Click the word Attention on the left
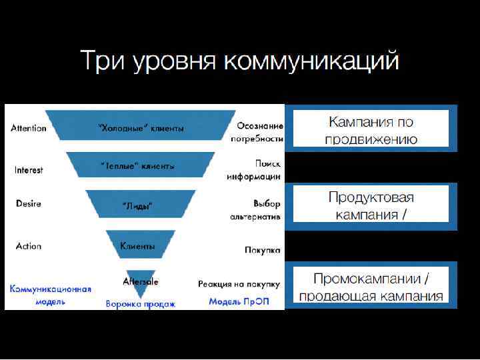coord(29,128)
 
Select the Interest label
coord(29,170)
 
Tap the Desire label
coord(29,203)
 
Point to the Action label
coord(29,246)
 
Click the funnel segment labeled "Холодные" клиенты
coord(141,127)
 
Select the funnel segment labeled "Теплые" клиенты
coord(141,165)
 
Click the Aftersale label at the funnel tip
coord(141,281)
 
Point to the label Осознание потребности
coord(257,132)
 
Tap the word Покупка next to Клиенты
coord(262,250)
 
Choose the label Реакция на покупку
coord(239,284)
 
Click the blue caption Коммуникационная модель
coord(51,295)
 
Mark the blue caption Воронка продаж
coord(141,304)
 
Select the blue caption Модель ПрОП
coord(239,301)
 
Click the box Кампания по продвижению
coord(371,130)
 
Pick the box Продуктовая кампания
coord(371,206)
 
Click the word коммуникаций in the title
coord(311,61)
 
